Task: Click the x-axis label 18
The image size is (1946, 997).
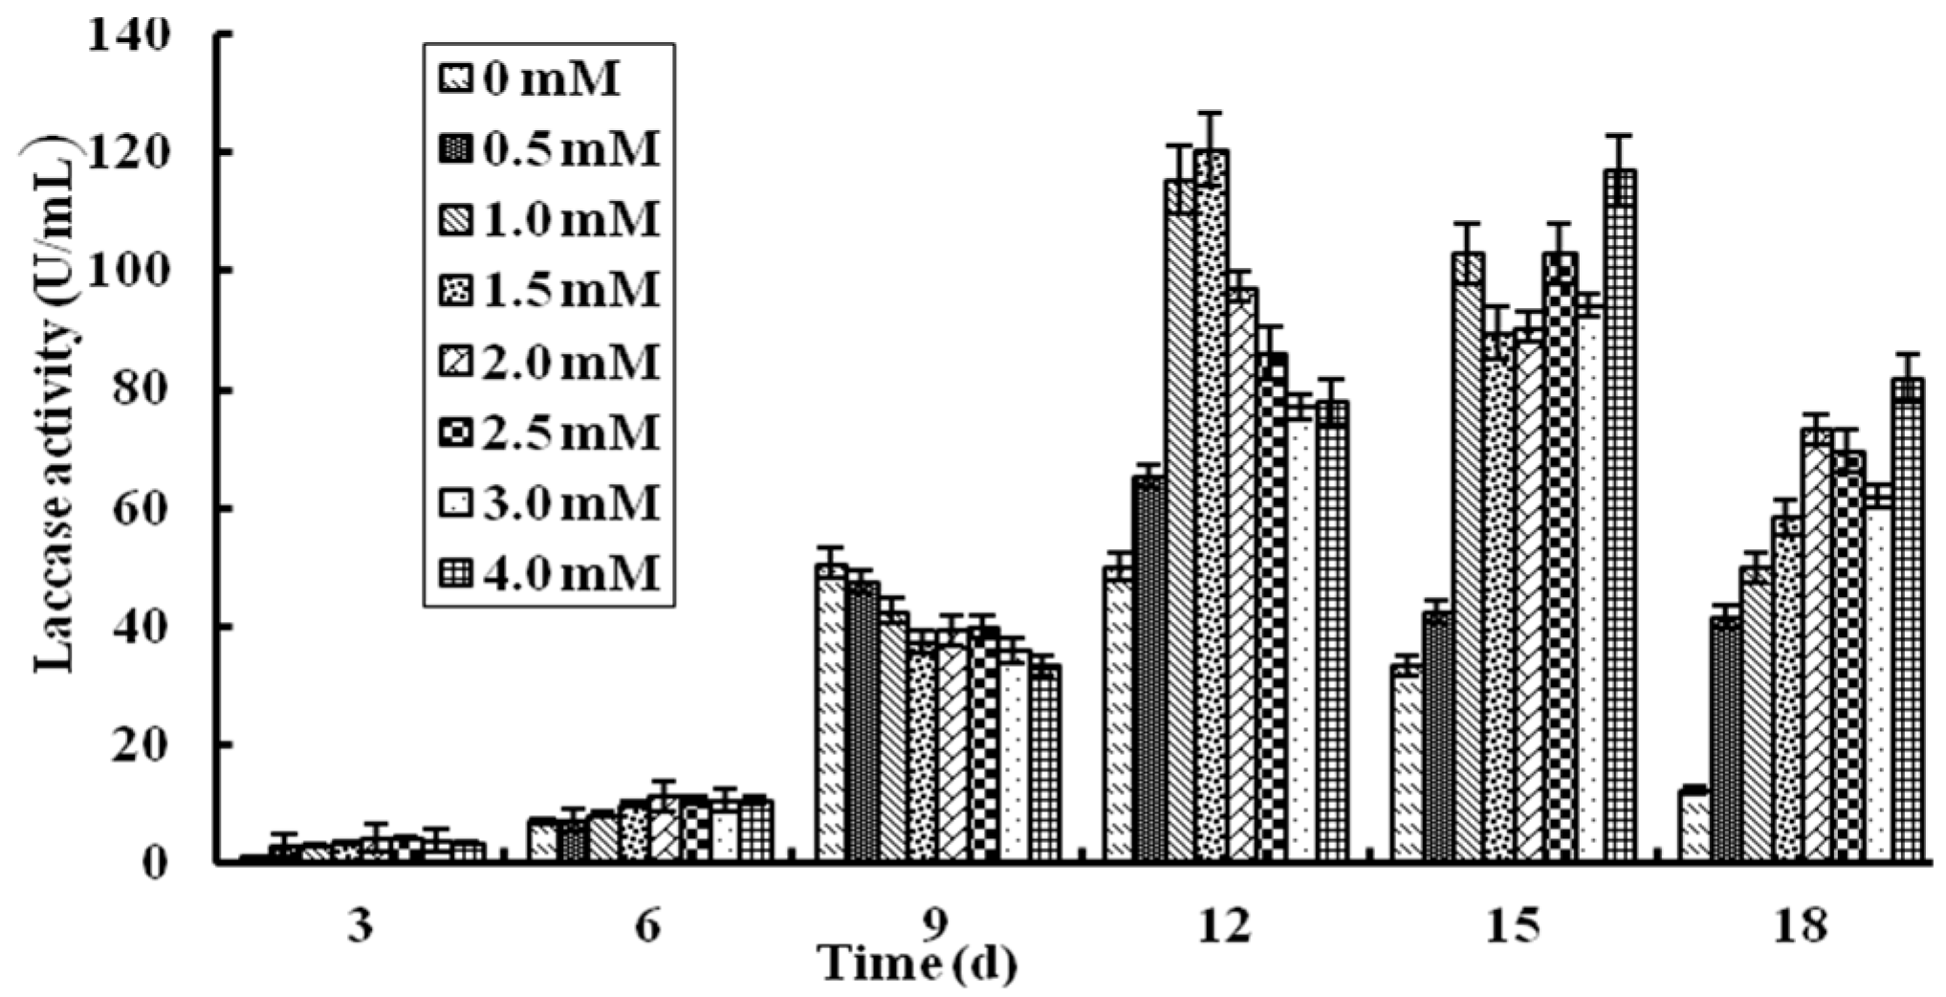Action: tap(1801, 925)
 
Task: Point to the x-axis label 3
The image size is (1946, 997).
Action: tap(361, 925)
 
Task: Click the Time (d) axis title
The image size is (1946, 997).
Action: tap(918, 964)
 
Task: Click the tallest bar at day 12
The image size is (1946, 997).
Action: tap(1211, 507)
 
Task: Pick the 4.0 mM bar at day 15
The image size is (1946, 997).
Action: tap(1620, 517)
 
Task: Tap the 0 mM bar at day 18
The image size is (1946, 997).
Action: tap(1694, 825)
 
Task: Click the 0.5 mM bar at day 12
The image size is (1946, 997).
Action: tap(1148, 670)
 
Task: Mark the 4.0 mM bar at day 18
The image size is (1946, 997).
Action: tap(1908, 622)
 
